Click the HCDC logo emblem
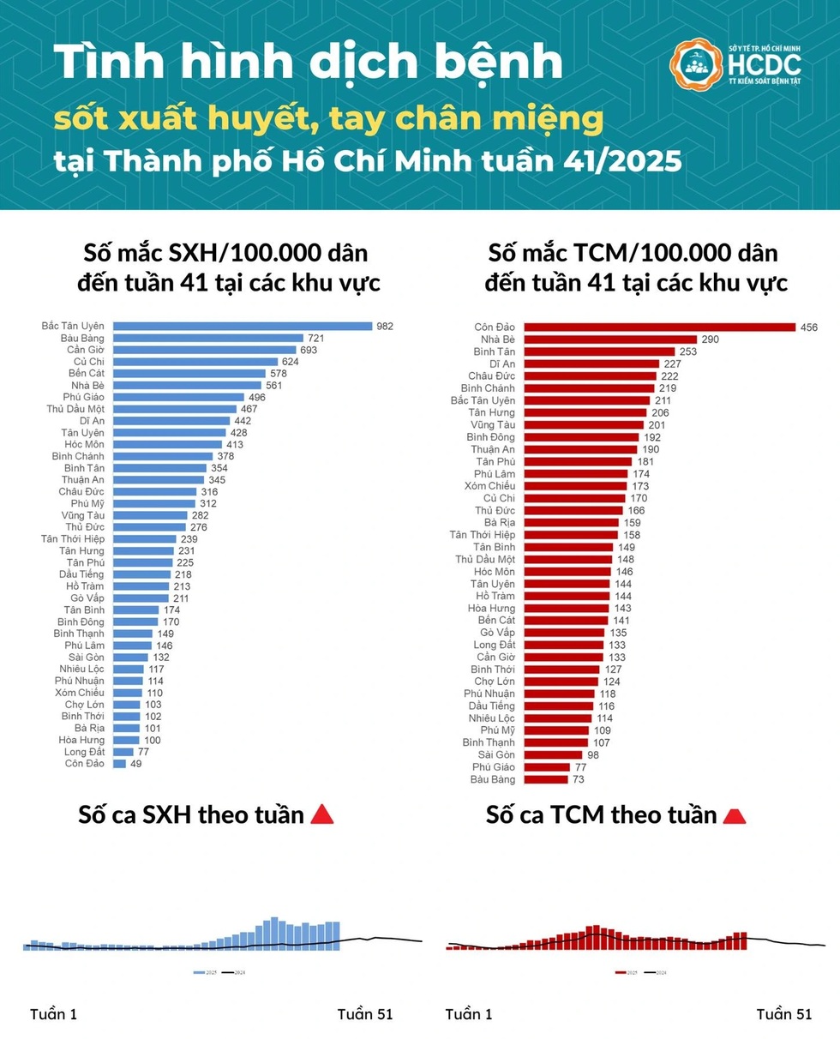point(696,65)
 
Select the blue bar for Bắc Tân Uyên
point(243,326)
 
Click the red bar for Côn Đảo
point(660,327)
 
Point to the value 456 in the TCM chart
point(809,327)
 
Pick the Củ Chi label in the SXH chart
point(89,362)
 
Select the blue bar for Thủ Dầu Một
point(175,409)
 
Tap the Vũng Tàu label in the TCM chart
point(493,424)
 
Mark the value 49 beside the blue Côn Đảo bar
point(135,764)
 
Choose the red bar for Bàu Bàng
point(546,779)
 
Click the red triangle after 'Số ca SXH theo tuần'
point(321,814)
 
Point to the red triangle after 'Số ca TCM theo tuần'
point(735,815)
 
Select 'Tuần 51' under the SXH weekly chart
point(365,1014)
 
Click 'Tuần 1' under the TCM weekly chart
point(469,1014)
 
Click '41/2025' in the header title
point(628,161)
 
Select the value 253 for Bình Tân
point(688,351)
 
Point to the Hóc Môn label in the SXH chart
point(84,444)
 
